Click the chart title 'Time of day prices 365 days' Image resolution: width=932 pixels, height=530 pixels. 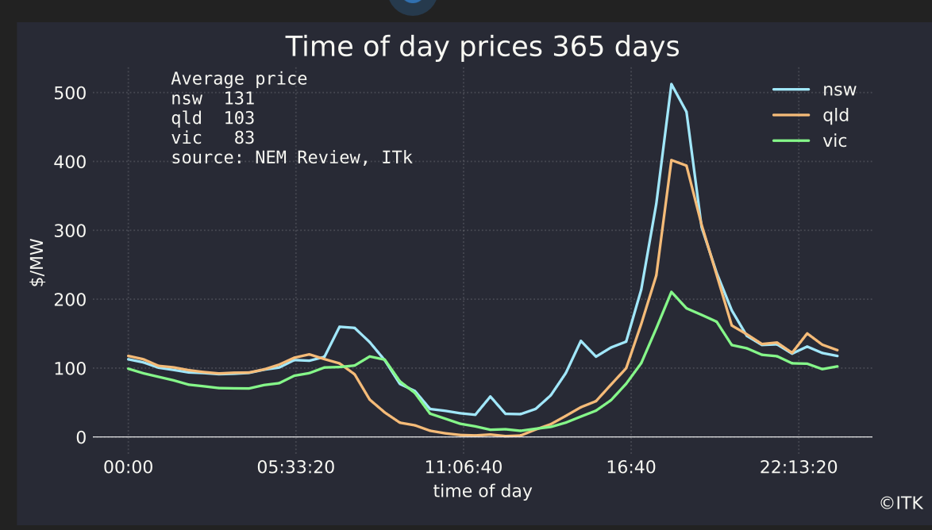click(x=482, y=47)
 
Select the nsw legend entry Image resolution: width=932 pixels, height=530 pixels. click(x=839, y=89)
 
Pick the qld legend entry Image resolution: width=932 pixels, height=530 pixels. click(x=836, y=115)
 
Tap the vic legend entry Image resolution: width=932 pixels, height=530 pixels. click(x=834, y=141)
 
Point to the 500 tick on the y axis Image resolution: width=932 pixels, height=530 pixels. click(x=71, y=93)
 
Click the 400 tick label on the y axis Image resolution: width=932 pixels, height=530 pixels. click(x=71, y=162)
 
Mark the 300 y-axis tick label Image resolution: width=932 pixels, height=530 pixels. click(x=71, y=231)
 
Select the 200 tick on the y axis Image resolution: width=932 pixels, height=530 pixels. click(x=71, y=300)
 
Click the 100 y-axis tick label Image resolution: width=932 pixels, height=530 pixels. click(x=71, y=369)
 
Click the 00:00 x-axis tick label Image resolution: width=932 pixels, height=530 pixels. click(x=128, y=467)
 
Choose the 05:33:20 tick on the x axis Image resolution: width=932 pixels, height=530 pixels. click(x=295, y=467)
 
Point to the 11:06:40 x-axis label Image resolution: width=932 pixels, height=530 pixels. click(x=463, y=467)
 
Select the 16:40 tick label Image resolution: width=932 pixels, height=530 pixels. click(x=631, y=467)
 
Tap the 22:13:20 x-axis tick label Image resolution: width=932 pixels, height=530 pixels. click(x=799, y=467)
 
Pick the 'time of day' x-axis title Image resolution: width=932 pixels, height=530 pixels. click(x=482, y=491)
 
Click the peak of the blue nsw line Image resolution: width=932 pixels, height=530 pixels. click(x=671, y=84)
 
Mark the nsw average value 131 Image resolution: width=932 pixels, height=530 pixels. click(x=238, y=99)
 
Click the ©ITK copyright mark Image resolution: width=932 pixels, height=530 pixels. click(x=901, y=503)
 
